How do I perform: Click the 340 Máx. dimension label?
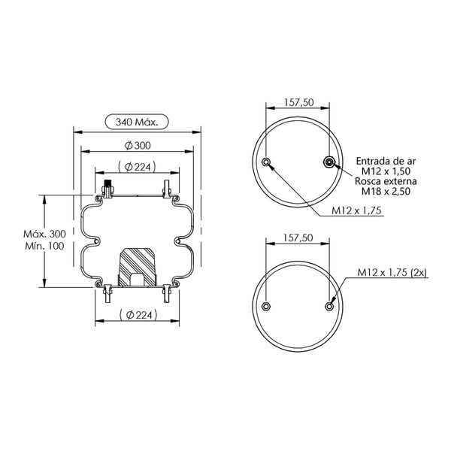[137, 123]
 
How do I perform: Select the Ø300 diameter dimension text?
[138, 146]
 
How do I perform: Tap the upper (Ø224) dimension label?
[137, 167]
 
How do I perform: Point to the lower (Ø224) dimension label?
[138, 315]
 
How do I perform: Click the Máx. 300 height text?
[44, 234]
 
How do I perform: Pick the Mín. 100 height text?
[44, 246]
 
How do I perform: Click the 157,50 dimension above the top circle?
[299, 102]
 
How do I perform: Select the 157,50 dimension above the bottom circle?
[298, 238]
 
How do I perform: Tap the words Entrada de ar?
[386, 161]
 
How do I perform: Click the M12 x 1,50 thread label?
[386, 171]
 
